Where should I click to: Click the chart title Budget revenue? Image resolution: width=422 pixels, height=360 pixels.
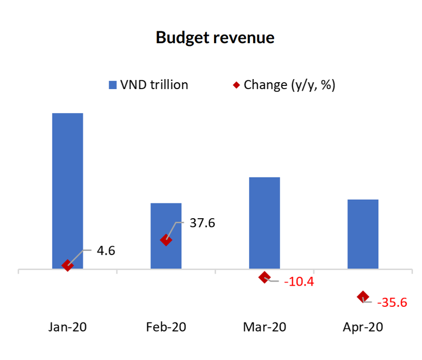[x=215, y=38]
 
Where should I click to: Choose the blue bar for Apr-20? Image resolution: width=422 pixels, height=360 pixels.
[x=363, y=233]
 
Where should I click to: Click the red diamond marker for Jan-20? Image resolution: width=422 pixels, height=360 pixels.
[x=68, y=265]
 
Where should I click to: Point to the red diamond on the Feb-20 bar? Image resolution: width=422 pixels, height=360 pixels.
[x=166, y=240]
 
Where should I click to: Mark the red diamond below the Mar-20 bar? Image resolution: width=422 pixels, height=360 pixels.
[x=264, y=277]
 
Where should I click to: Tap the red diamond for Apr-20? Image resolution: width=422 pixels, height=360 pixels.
[x=363, y=297]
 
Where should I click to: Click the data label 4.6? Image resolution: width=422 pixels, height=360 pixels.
[x=105, y=250]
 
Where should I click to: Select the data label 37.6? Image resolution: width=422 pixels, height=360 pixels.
[x=202, y=223]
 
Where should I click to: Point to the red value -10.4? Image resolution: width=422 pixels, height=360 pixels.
[x=299, y=282]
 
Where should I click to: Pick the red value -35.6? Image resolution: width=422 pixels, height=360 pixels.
[x=392, y=303]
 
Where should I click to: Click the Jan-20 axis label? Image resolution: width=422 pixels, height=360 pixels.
[x=68, y=327]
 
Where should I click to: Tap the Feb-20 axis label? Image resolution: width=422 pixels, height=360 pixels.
[x=166, y=327]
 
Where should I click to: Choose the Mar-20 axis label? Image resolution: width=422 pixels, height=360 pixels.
[x=264, y=327]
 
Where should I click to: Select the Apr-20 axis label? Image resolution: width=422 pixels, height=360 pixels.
[x=363, y=327]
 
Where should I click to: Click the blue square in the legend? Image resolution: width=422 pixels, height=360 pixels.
[x=112, y=85]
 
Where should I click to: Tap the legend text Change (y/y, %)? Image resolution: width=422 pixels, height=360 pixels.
[x=289, y=85]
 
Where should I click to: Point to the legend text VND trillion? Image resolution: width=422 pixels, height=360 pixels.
[x=154, y=85]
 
